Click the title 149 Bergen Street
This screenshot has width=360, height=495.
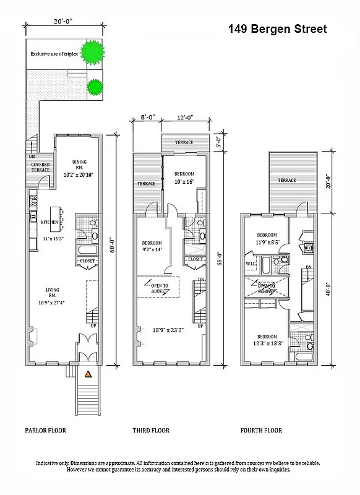pyautogui.click(x=277, y=28)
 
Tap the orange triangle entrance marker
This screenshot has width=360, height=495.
pyautogui.click(x=88, y=374)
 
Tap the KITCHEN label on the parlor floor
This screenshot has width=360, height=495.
pyautogui.click(x=49, y=222)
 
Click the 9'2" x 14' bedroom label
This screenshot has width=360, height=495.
pyautogui.click(x=152, y=246)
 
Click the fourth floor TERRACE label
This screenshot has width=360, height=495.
pyautogui.click(x=286, y=180)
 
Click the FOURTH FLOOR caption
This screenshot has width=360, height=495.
pyautogui.click(x=261, y=431)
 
